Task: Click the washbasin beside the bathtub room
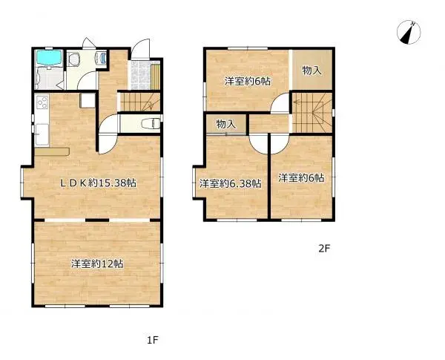[103, 59]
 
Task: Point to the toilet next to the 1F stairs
[150, 122]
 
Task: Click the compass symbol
[409, 32]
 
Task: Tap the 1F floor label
[152, 341]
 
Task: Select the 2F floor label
[324, 249]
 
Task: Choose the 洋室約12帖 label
[97, 264]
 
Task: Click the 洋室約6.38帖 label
[230, 183]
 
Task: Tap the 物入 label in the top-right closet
[311, 70]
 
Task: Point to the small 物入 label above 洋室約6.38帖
[225, 125]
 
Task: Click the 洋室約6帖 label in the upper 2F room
[248, 80]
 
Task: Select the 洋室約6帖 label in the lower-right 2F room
[301, 177]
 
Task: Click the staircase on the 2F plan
[311, 111]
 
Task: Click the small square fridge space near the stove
[86, 101]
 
